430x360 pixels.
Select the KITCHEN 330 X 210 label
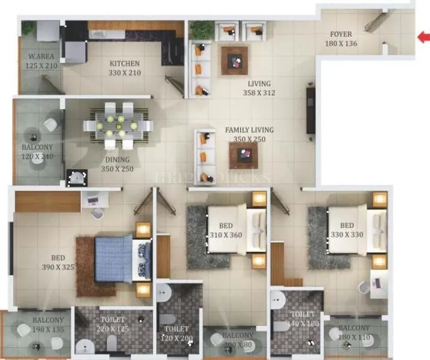click(x=124, y=68)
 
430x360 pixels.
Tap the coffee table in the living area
click(x=234, y=60)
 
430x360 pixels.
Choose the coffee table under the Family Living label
click(x=243, y=155)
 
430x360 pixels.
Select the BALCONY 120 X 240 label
click(x=37, y=152)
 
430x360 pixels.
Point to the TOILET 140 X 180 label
click(x=301, y=319)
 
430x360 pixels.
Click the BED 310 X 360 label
click(x=225, y=230)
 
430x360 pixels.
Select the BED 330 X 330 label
click(x=345, y=230)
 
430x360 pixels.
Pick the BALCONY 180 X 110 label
click(x=354, y=332)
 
